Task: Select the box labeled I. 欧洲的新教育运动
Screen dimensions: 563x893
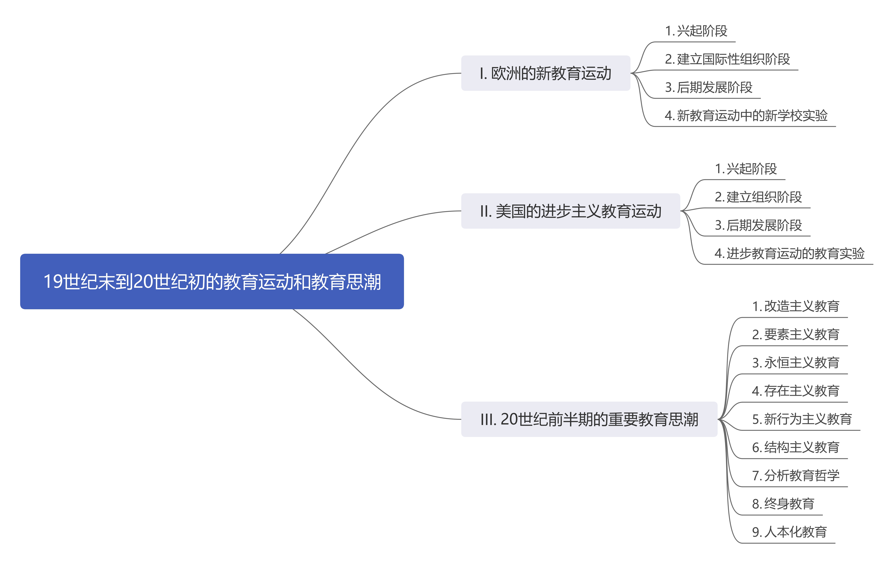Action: pos(546,73)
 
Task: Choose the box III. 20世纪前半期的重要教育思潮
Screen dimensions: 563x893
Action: pos(589,419)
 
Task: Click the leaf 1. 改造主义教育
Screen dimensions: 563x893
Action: pos(795,306)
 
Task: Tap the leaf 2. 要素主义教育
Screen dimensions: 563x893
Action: pos(795,334)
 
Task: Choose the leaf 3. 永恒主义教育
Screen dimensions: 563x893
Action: pos(795,362)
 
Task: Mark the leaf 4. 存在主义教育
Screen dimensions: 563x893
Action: pos(795,391)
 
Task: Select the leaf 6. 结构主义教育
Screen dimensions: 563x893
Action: pos(795,447)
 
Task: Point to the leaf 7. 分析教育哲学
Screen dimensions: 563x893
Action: pos(795,475)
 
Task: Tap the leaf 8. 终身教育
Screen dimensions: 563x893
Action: pos(783,503)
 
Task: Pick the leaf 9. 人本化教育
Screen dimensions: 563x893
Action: pos(789,532)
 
